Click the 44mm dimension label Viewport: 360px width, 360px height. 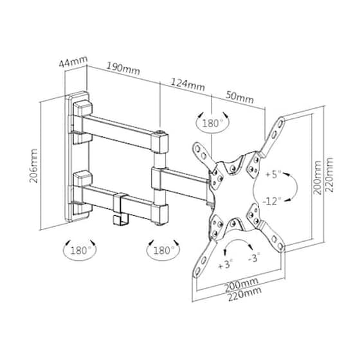click(x=73, y=61)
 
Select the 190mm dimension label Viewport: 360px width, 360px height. click(x=123, y=68)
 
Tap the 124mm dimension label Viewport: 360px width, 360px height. click(x=188, y=85)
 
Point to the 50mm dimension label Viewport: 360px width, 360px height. click(x=240, y=98)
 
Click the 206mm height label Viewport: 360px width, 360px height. click(x=33, y=166)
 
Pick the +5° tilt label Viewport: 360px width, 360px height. click(x=273, y=174)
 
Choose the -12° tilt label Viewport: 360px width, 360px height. click(x=272, y=202)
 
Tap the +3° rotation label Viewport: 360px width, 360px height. click(x=225, y=265)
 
